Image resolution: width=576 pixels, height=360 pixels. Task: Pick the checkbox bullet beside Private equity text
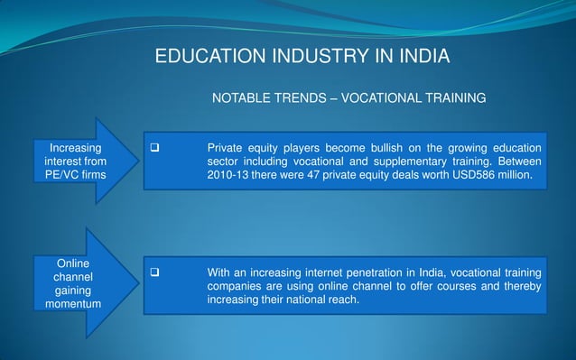(x=154, y=147)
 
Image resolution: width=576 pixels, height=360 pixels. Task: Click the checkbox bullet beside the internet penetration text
(x=154, y=272)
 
